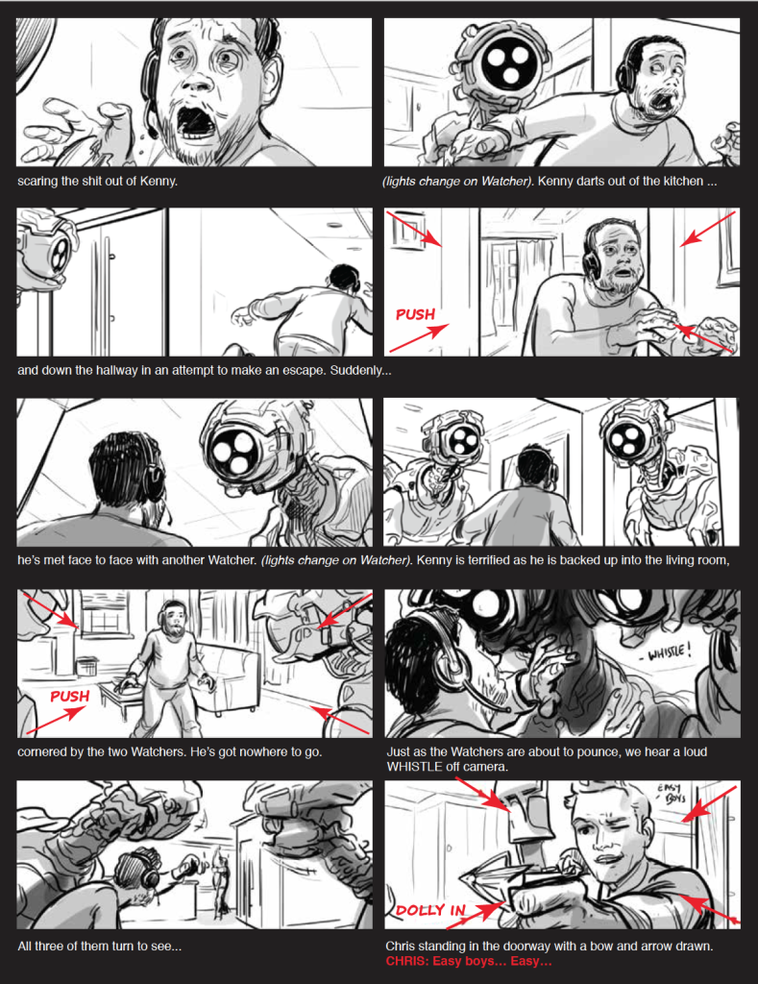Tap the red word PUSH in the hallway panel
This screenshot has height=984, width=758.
pos(415,314)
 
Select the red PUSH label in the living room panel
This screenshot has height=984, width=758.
pos(69,697)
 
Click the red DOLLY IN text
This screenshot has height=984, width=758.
pos(430,910)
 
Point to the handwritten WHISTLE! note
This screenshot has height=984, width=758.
pos(669,652)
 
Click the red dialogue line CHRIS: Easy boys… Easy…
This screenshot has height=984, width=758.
pos(468,961)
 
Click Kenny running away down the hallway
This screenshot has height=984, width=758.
pos(310,314)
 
